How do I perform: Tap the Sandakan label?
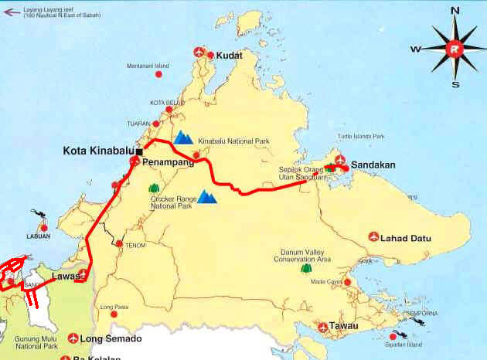[x=373, y=165]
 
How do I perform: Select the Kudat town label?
[x=230, y=56]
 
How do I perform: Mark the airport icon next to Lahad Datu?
[x=375, y=236]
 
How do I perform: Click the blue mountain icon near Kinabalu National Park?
[x=183, y=138]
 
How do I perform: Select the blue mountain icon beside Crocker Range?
[x=207, y=197]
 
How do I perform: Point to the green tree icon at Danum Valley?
[x=306, y=269]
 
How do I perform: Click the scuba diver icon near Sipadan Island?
[x=399, y=335]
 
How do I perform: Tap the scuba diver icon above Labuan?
[x=36, y=213]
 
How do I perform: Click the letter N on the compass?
[x=455, y=10]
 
